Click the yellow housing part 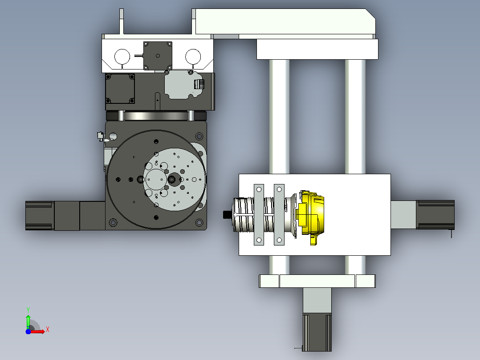pos(311,214)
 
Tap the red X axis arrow pos(38,331)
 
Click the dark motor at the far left pos(40,216)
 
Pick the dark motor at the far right pos(435,214)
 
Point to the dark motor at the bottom pos(317,332)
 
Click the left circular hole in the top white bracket pos(122,57)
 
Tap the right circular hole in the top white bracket pos(193,57)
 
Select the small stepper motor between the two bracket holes pos(158,56)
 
